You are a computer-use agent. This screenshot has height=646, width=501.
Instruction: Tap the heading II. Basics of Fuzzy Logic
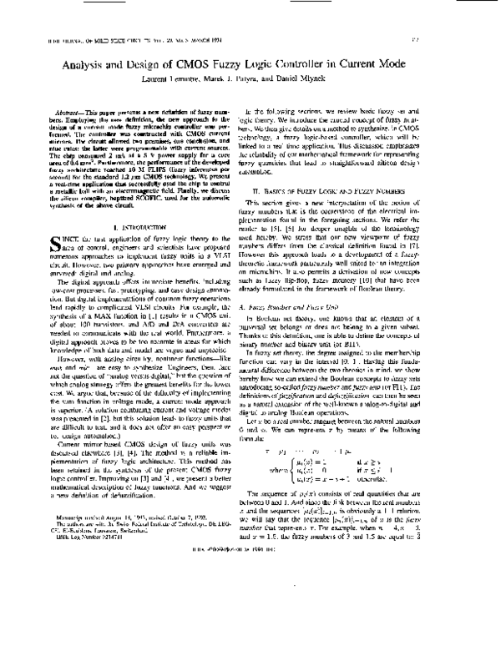click(365, 193)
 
